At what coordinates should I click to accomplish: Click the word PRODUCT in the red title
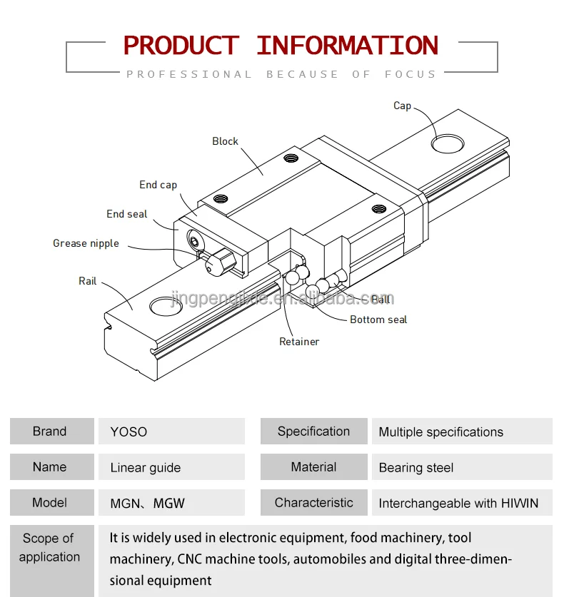click(181, 46)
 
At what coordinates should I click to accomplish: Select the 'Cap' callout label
click(402, 106)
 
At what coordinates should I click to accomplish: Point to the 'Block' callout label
click(225, 141)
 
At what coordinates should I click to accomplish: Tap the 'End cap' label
click(158, 185)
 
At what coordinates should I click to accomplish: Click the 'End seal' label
click(127, 214)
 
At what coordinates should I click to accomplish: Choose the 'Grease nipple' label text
click(86, 243)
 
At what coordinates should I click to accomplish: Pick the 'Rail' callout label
click(87, 281)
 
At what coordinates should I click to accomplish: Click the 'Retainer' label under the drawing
click(299, 342)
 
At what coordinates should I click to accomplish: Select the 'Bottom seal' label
click(378, 320)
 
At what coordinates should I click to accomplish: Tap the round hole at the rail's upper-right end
click(448, 141)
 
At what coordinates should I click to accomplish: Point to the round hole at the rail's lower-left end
click(166, 307)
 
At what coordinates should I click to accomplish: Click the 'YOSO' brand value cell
click(129, 432)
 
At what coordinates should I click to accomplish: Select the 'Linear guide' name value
click(146, 468)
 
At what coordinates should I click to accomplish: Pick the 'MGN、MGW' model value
click(147, 504)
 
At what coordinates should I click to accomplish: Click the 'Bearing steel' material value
click(416, 468)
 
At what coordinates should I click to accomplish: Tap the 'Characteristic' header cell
click(313, 503)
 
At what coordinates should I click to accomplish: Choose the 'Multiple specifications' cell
click(440, 432)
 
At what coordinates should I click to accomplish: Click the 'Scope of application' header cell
click(49, 548)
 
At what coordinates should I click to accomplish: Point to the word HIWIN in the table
click(519, 504)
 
